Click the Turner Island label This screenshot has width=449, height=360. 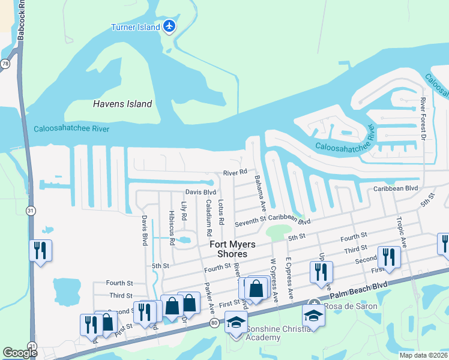tap(136, 27)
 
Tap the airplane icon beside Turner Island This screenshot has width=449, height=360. tap(170, 26)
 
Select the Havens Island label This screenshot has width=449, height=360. tap(122, 104)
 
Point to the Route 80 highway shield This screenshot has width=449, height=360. tap(215, 323)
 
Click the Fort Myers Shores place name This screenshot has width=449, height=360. tap(232, 249)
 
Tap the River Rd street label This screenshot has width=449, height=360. tap(235, 172)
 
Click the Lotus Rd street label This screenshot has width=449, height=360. tap(221, 212)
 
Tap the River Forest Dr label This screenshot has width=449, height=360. tap(423, 121)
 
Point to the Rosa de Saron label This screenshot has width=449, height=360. tap(351, 306)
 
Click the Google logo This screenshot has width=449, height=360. tap(20, 353)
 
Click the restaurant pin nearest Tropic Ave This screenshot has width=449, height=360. tap(388, 257)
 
